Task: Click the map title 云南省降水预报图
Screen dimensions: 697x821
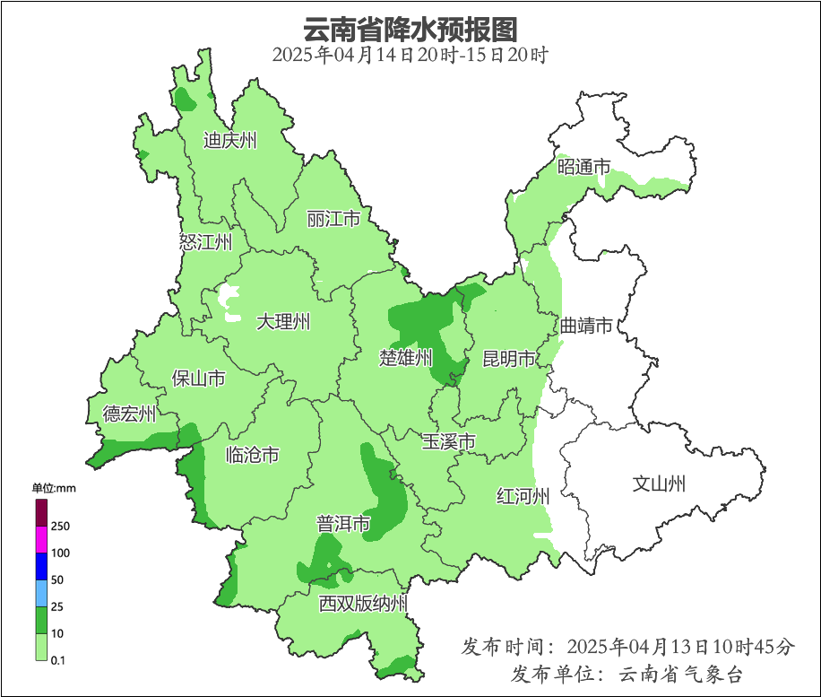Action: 410,29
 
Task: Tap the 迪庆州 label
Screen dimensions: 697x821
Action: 229,141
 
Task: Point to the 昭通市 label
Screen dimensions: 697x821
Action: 583,167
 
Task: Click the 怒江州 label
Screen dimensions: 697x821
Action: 205,242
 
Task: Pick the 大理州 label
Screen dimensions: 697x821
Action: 283,322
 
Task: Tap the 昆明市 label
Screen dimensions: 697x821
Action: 509,360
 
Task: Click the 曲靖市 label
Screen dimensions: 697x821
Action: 586,326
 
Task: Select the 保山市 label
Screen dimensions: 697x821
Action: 198,379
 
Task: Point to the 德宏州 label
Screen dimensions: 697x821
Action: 129,414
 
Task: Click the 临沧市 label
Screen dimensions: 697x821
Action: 252,456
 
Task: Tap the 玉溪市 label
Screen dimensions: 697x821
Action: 449,442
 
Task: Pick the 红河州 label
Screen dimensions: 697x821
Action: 523,496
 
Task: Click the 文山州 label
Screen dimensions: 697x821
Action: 659,484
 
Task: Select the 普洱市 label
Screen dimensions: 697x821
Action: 343,524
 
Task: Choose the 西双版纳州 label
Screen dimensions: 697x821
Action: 363,604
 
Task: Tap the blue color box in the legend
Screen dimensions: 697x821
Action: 41,566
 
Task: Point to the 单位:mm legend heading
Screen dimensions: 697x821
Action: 55,488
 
